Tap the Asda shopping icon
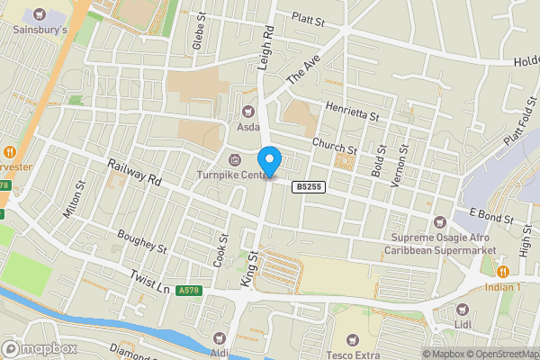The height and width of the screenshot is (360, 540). click(247, 112)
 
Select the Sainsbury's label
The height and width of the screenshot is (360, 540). click(40, 28)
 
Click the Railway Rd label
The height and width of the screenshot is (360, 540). click(133, 173)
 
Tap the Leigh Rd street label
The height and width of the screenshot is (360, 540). click(267, 43)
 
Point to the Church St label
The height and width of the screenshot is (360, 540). click(335, 143)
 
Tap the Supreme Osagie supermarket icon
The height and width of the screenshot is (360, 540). click(440, 222)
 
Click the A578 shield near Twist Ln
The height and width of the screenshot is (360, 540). click(188, 291)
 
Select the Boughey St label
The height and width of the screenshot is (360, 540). click(143, 240)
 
